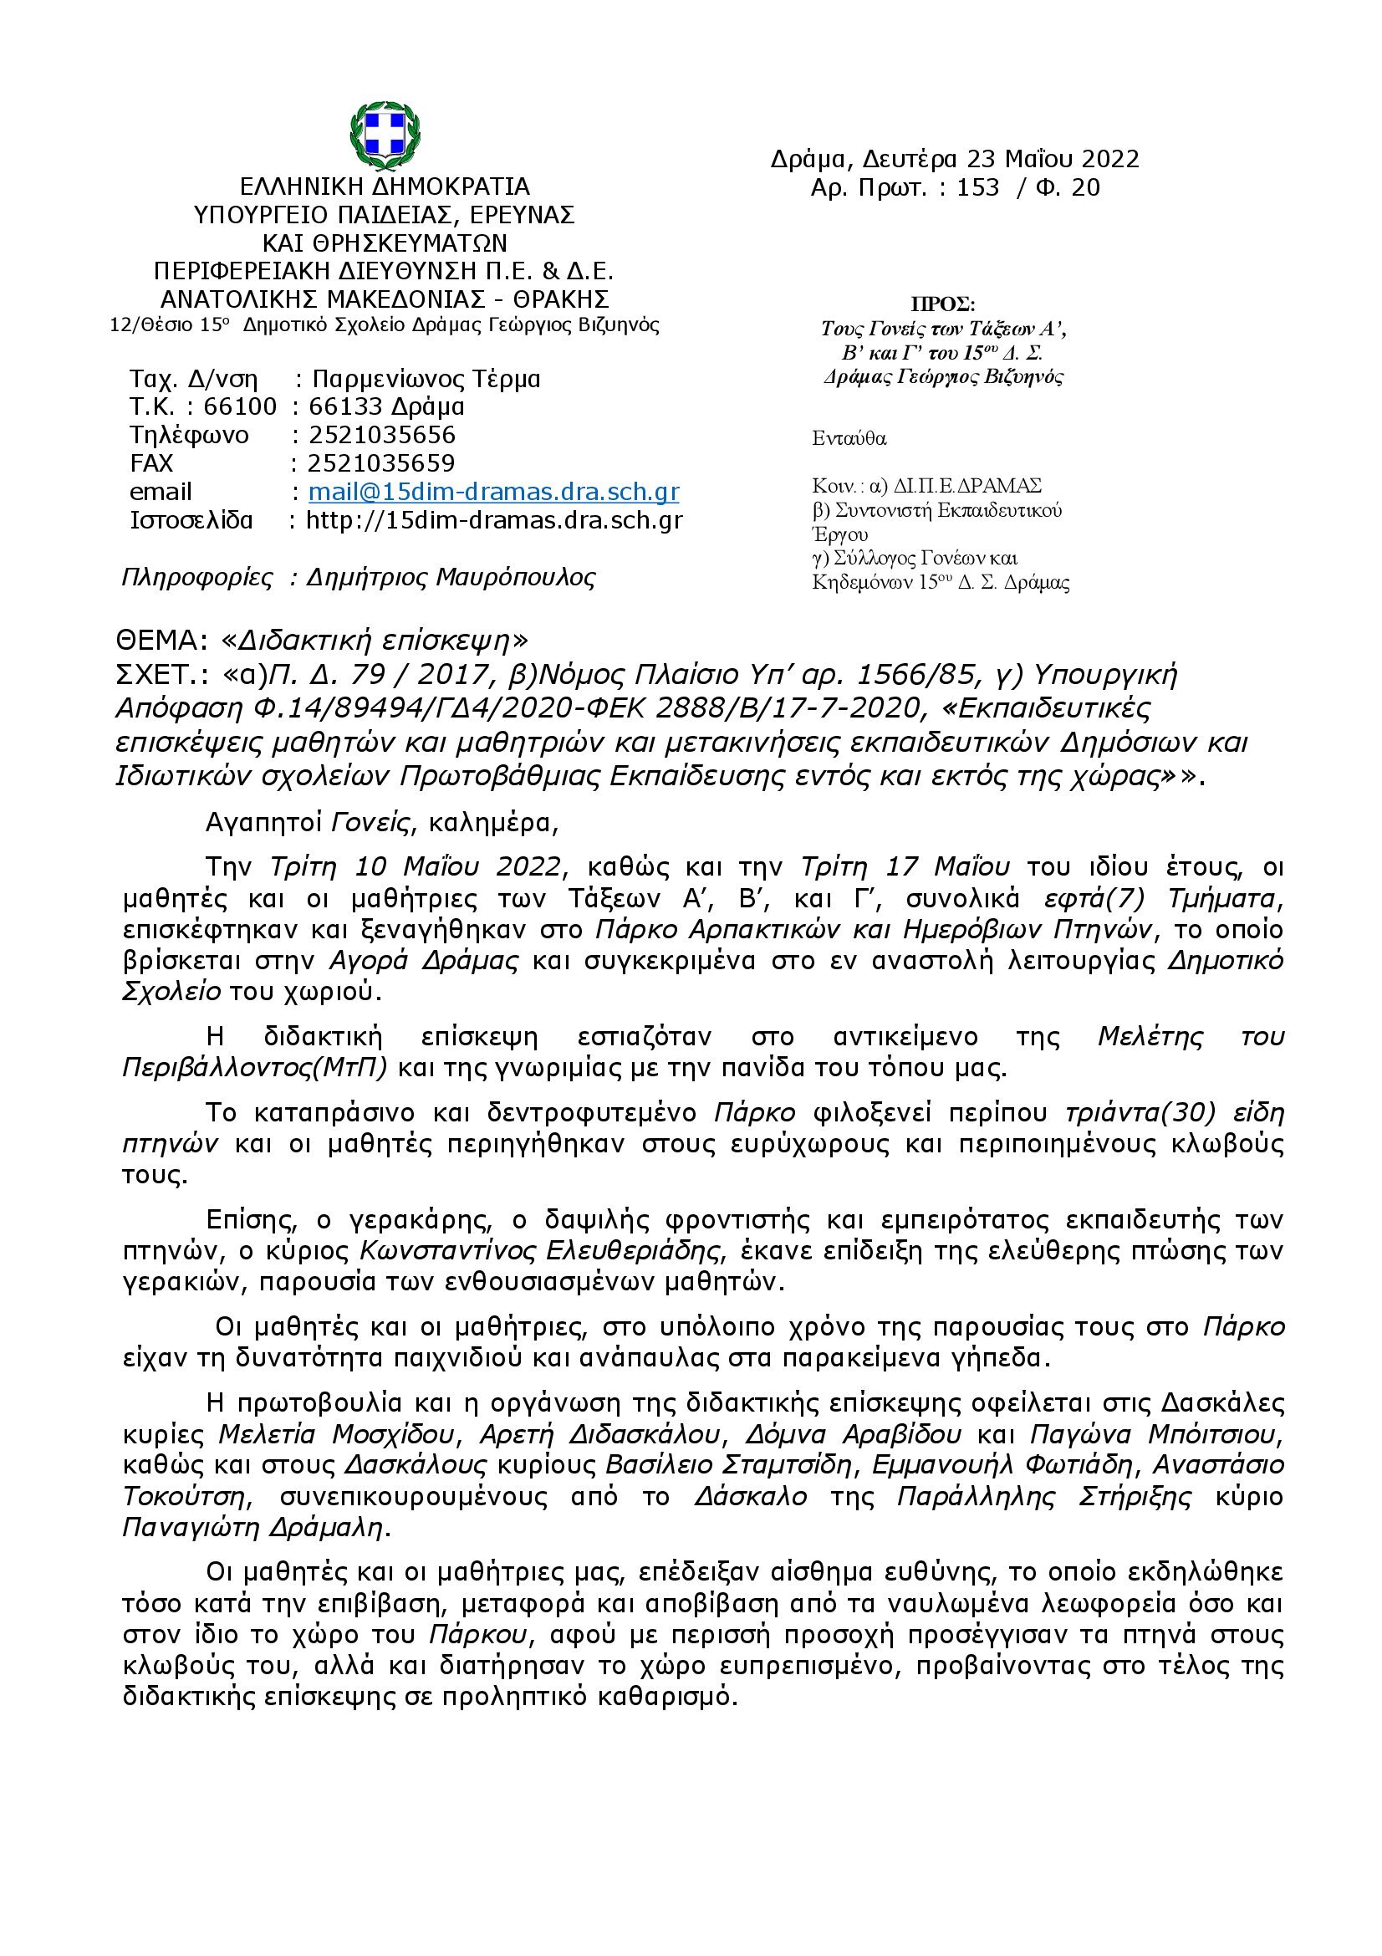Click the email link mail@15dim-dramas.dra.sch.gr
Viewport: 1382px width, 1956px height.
click(493, 492)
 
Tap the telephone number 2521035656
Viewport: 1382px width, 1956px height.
click(382, 435)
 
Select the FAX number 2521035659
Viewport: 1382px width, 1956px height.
click(381, 462)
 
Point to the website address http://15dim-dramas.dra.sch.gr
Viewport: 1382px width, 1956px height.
click(494, 519)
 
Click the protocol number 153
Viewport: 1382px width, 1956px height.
click(977, 187)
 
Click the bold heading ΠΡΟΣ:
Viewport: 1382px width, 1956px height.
click(942, 304)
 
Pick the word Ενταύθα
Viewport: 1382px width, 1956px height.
click(849, 439)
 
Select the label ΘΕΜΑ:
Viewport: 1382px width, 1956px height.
click(163, 640)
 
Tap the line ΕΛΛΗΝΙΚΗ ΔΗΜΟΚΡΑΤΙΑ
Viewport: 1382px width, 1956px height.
click(385, 186)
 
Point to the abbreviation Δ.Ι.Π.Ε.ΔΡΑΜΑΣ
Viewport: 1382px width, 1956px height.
click(966, 486)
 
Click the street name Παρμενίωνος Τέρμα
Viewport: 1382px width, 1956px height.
click(426, 378)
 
